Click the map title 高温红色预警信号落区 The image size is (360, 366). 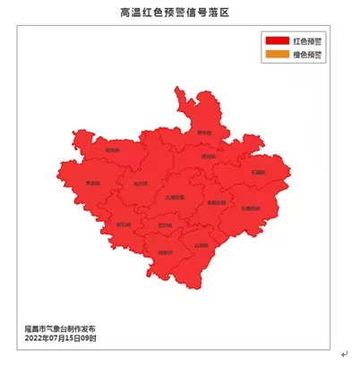[x=180, y=13]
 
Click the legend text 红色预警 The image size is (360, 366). [x=308, y=42]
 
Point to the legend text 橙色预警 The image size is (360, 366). [x=308, y=55]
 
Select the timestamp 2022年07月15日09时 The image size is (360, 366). [x=60, y=338]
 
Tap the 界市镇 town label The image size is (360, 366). [x=205, y=132]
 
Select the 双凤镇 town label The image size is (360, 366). [x=112, y=149]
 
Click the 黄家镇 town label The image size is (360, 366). [x=92, y=183]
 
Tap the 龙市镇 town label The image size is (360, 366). [x=139, y=184]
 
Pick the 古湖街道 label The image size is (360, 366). [x=175, y=196]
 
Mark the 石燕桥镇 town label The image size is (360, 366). [x=252, y=208]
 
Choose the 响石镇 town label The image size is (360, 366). [x=124, y=224]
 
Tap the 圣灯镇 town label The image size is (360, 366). [x=165, y=225]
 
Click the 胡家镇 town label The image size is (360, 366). [x=165, y=252]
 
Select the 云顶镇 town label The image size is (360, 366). [x=201, y=243]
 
